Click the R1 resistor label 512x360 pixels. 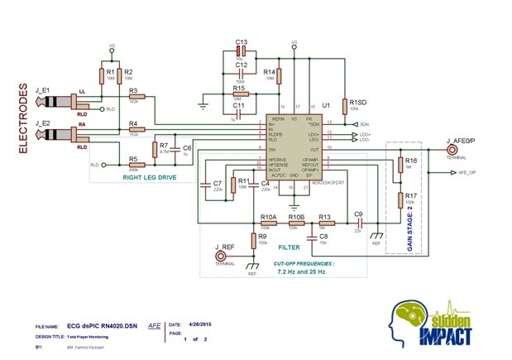pyautogui.click(x=110, y=73)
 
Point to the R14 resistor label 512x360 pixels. pyautogui.click(x=269, y=73)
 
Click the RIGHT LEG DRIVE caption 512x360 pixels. pyautogui.click(x=147, y=177)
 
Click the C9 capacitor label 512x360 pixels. pyautogui.click(x=358, y=215)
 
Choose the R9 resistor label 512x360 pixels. pyautogui.click(x=261, y=236)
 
